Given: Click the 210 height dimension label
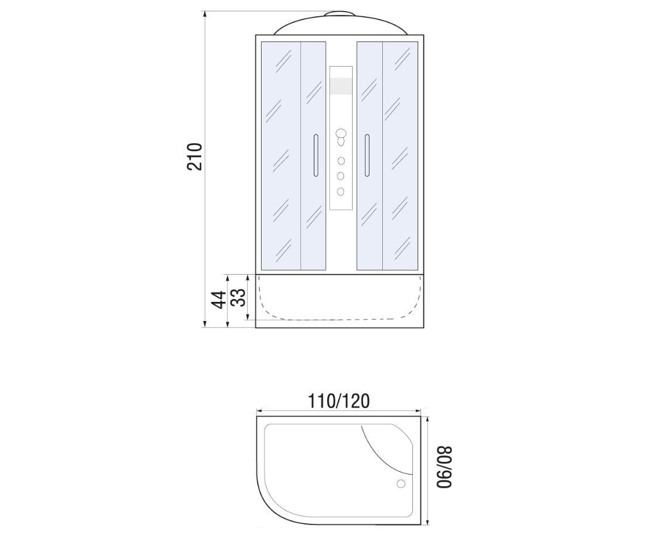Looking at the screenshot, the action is click(x=194, y=156).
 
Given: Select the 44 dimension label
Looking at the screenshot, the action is click(x=219, y=300).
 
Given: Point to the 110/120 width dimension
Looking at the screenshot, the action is click(x=339, y=401).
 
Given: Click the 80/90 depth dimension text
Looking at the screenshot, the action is click(x=445, y=467).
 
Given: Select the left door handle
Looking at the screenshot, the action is click(x=316, y=155).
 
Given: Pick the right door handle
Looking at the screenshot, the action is click(x=367, y=155).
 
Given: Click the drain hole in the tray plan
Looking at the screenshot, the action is click(x=401, y=484).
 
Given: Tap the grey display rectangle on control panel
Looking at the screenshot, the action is click(x=341, y=86).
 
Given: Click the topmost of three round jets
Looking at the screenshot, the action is click(x=341, y=161).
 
